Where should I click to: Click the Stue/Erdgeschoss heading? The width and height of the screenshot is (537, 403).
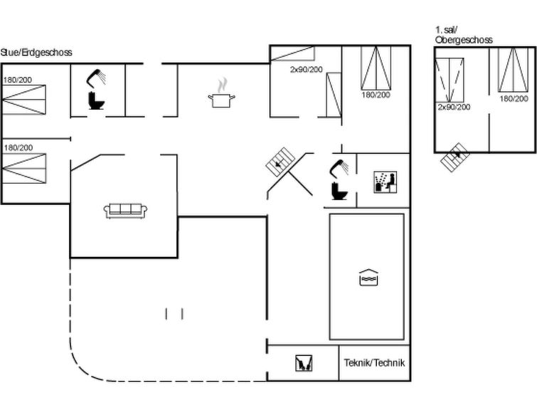[x=36, y=53]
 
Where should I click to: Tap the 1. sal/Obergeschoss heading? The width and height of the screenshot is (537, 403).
[x=463, y=35]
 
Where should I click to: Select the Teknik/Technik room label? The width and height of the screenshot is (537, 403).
[x=374, y=362]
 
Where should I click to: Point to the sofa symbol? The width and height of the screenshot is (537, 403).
[x=126, y=210]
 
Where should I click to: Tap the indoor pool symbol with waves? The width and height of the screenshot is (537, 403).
[x=367, y=278]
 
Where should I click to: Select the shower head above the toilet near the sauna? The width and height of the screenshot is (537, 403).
[x=339, y=167]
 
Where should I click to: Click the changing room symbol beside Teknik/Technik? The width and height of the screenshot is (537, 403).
[x=302, y=364]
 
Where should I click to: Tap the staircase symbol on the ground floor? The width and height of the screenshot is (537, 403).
[x=282, y=161]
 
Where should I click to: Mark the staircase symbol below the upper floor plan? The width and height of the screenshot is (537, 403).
[x=454, y=157]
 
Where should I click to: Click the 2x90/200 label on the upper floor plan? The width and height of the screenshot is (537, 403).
[x=454, y=107]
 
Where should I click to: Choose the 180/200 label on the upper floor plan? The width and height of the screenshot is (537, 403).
[x=514, y=98]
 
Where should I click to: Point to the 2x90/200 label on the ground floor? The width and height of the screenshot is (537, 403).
[x=306, y=69]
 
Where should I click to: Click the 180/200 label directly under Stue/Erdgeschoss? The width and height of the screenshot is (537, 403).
[x=18, y=80]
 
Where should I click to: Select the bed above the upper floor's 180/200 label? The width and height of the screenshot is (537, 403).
[x=513, y=70]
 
